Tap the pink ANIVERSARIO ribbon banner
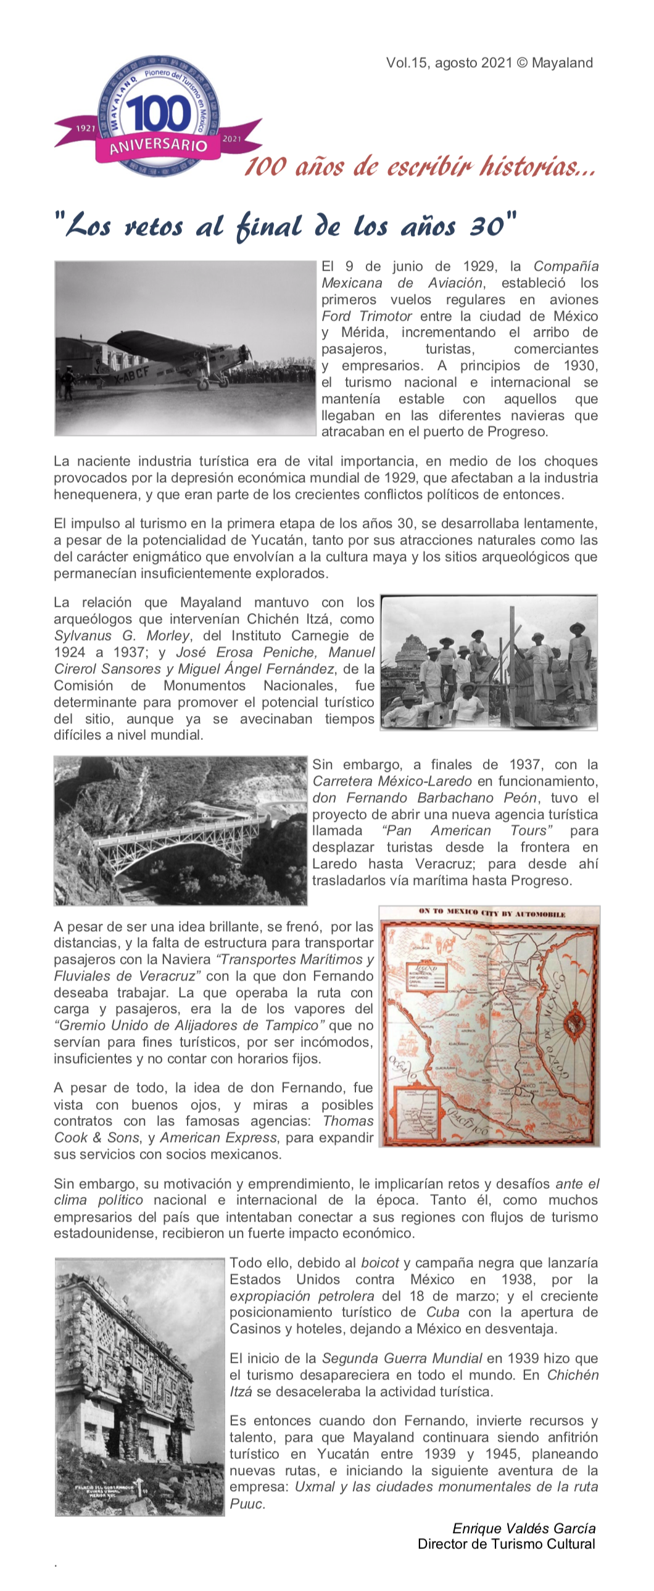click(158, 146)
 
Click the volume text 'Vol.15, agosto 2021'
click(449, 63)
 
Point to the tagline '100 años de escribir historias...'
click(420, 166)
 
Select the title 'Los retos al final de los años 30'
click(285, 226)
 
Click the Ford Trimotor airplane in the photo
click(173, 358)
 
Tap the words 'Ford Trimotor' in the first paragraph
click(366, 316)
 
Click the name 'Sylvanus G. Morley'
click(122, 636)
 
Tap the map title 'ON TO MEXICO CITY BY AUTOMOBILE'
click(492, 913)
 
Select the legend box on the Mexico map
click(425, 977)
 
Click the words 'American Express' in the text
click(218, 1138)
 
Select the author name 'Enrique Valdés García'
click(524, 1529)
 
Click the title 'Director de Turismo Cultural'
click(507, 1544)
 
